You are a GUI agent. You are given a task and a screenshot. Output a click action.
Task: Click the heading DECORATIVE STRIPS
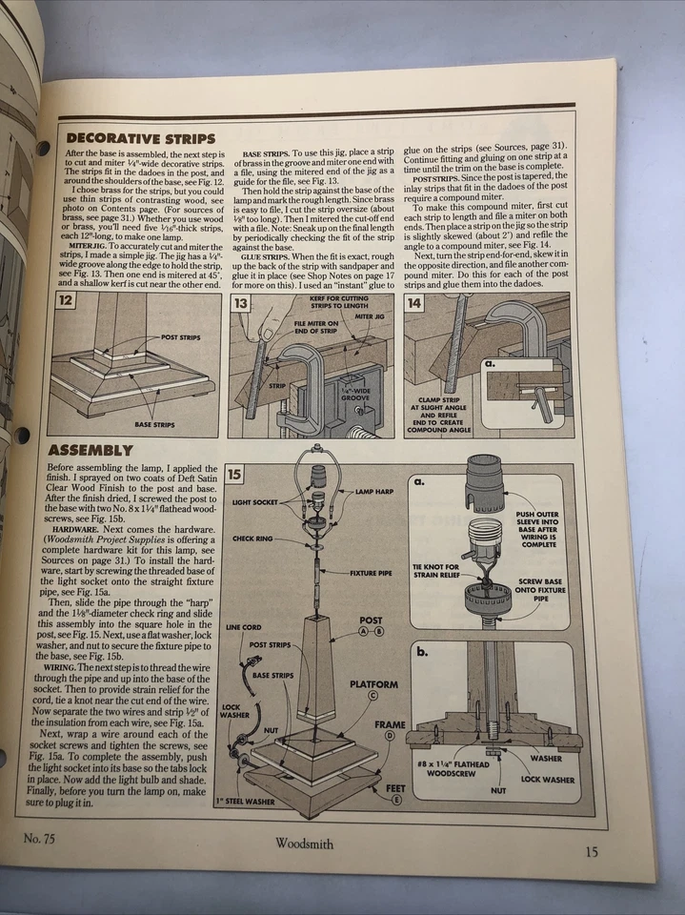140,138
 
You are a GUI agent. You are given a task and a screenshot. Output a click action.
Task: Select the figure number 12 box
66,302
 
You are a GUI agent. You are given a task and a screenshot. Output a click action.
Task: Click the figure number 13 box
240,303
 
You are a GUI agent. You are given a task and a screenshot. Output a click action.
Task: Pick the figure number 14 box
414,303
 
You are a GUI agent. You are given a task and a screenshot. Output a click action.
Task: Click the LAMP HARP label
375,492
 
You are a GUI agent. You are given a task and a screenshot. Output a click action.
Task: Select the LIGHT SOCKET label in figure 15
255,501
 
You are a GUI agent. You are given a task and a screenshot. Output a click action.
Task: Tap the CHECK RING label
252,539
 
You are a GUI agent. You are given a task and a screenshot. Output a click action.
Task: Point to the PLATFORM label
373,684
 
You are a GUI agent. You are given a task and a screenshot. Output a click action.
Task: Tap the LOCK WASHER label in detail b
548,779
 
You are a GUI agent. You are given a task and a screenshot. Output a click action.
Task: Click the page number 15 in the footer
592,851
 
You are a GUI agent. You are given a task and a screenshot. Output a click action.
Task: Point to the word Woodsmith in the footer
304,844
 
